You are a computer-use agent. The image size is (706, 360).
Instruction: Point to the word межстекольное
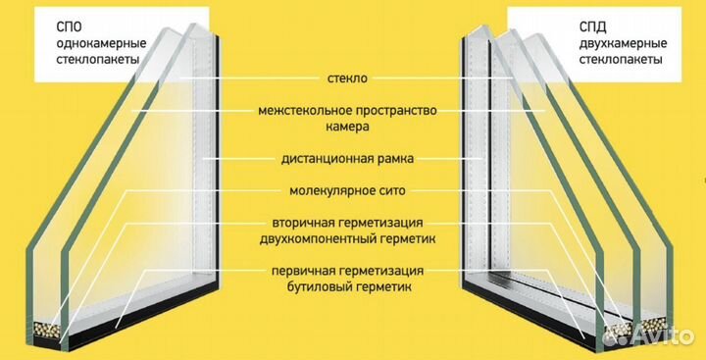pyautogui.click(x=310, y=109)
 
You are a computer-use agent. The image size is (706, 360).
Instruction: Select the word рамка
pyautogui.click(x=399, y=157)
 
